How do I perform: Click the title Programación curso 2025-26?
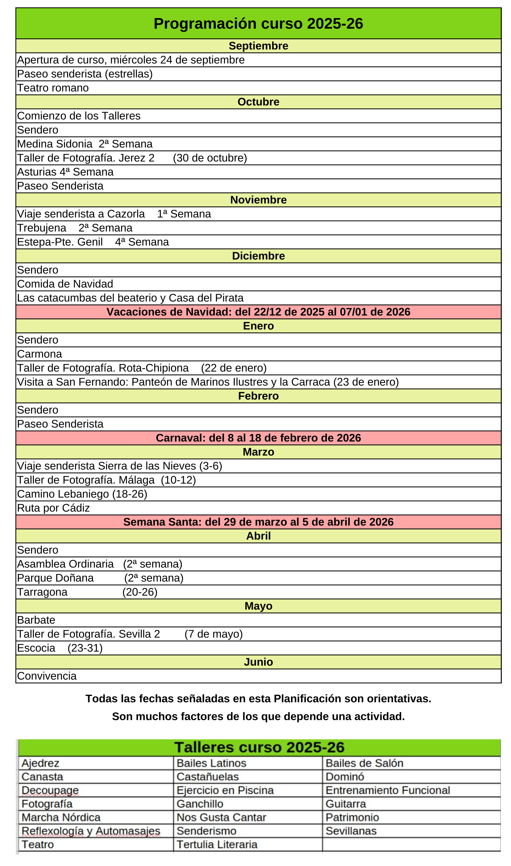tap(258, 24)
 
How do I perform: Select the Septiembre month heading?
tap(258, 46)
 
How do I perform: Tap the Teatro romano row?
tap(53, 88)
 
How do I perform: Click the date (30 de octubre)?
tap(210, 158)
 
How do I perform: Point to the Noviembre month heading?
tap(258, 200)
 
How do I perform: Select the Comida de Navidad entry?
tap(65, 284)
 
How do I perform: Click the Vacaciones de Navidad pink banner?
tap(258, 312)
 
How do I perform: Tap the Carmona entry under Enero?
tap(39, 354)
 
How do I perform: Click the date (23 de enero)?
tap(366, 382)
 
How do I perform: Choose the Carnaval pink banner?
tap(258, 438)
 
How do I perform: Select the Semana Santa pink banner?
tap(258, 522)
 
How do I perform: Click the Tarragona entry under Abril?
tap(42, 592)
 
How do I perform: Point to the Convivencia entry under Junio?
tap(47, 676)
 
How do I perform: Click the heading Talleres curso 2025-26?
tap(259, 747)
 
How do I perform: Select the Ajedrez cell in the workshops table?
tap(40, 763)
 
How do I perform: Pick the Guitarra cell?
tap(346, 804)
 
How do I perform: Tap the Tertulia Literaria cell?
tap(217, 844)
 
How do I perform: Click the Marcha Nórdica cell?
tap(61, 817)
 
